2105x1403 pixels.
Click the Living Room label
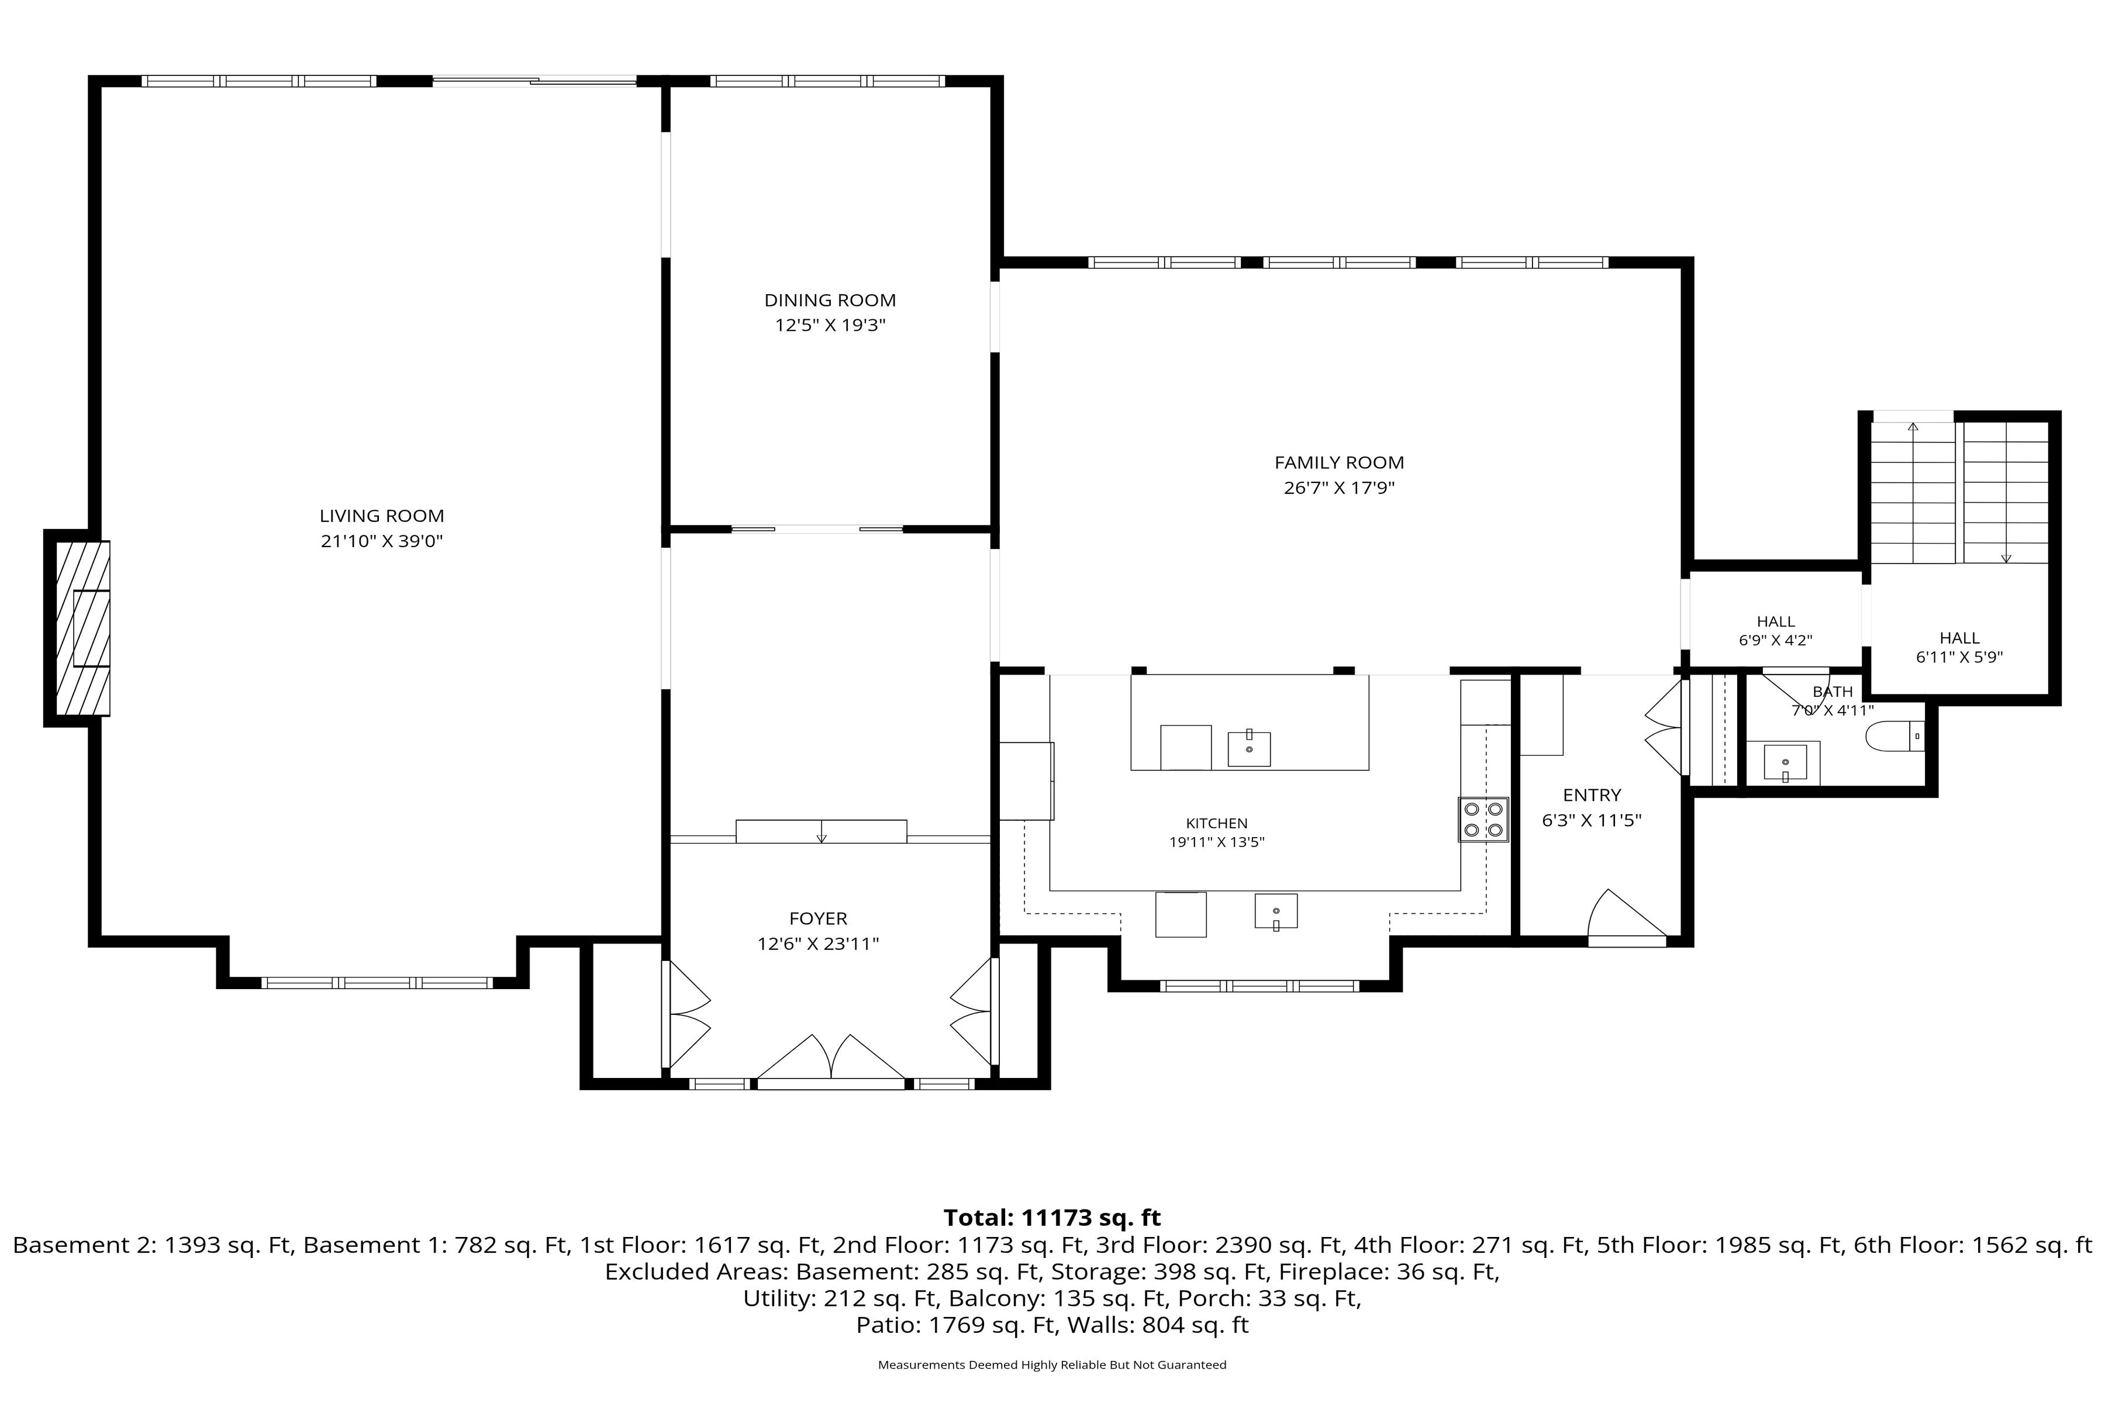(382, 516)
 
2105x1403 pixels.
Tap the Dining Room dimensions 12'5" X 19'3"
(830, 326)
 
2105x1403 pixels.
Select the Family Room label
(1339, 462)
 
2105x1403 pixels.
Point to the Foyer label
(818, 918)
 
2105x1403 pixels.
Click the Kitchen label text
(1216, 823)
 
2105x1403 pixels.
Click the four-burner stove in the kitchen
(1483, 820)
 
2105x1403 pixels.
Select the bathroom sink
(1785, 762)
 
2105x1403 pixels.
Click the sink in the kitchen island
(1248, 748)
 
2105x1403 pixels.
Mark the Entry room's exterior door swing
(1626, 916)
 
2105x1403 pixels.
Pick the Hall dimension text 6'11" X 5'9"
(1959, 656)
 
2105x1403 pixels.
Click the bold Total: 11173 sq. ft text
(1052, 1218)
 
